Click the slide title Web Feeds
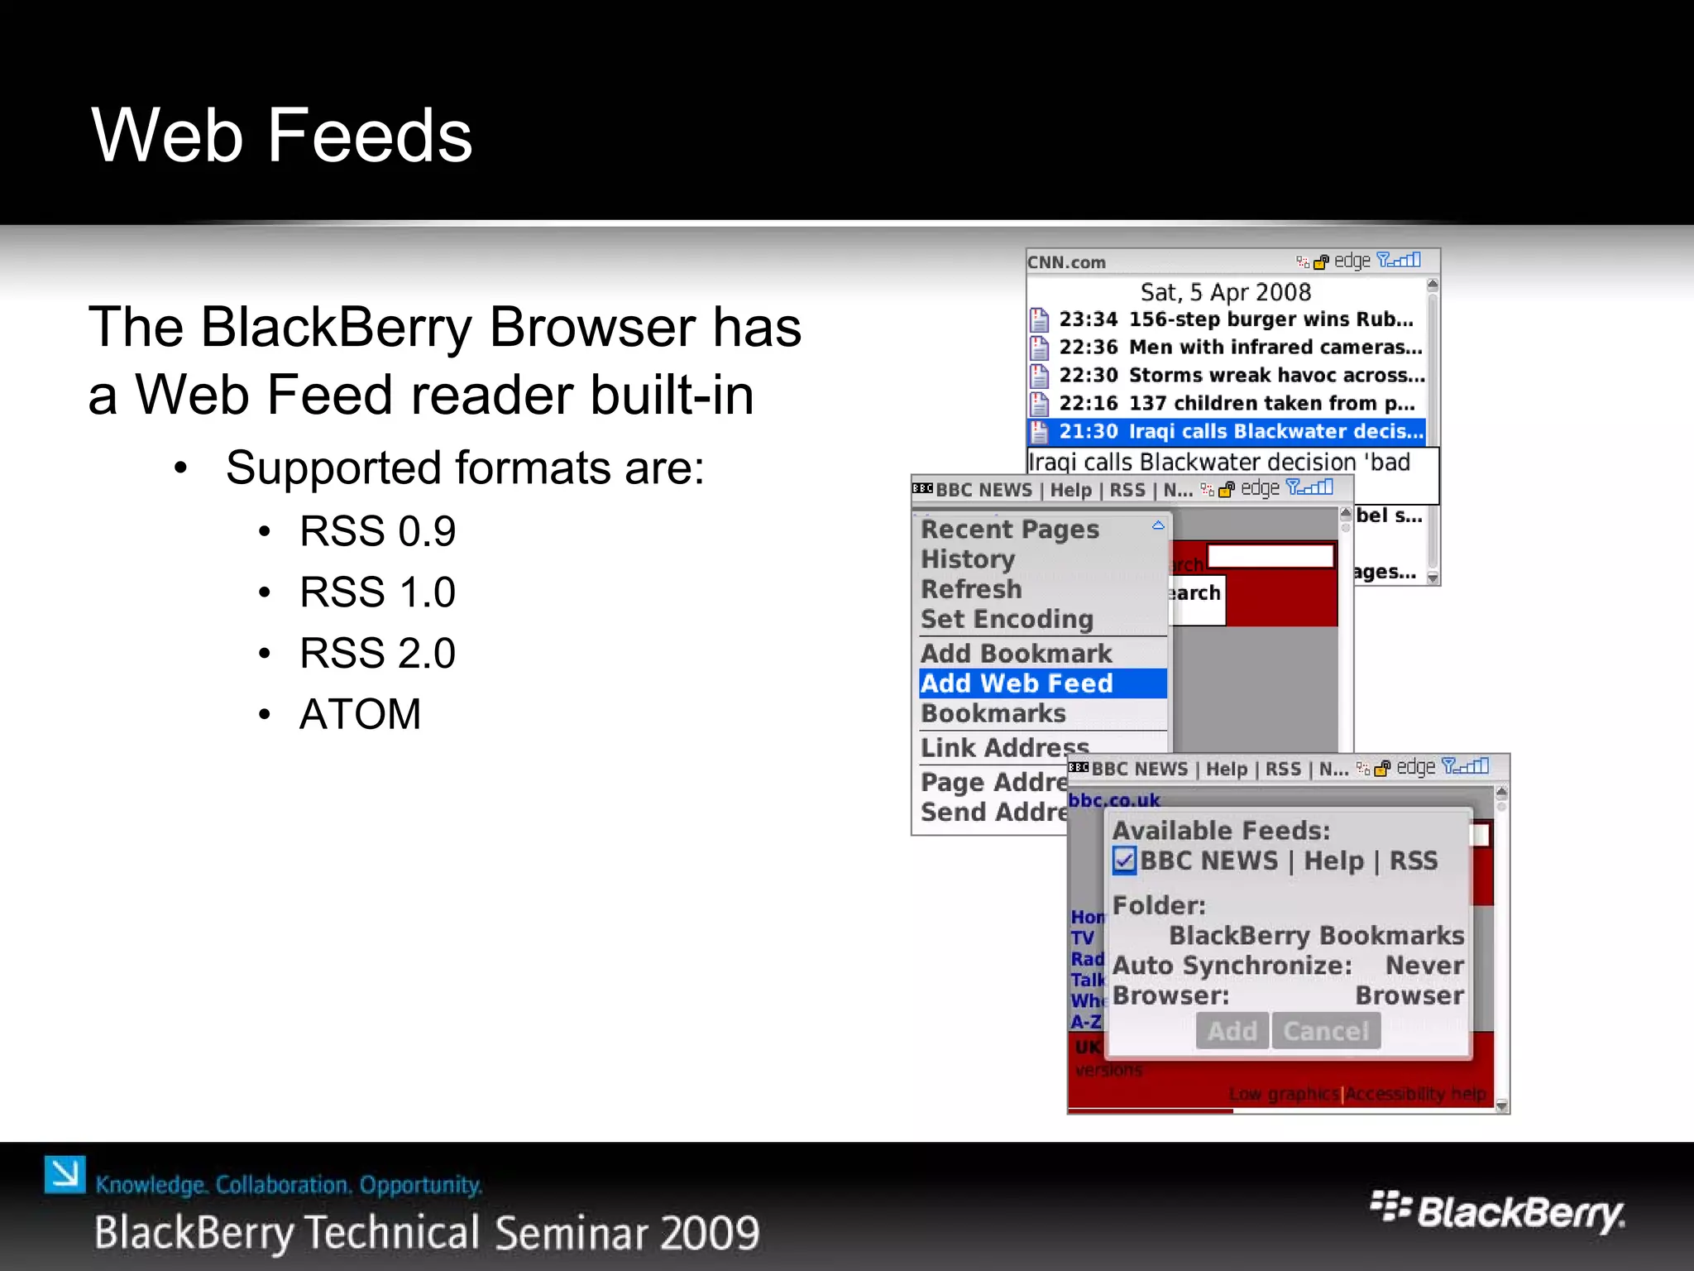click(x=281, y=136)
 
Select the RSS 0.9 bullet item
click(x=376, y=531)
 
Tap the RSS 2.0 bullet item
click(x=376, y=654)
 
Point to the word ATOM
click(x=360, y=714)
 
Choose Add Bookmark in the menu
click(x=1016, y=654)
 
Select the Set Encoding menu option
click(x=1007, y=619)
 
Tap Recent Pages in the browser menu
click(x=1009, y=530)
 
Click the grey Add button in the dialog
click(x=1232, y=1031)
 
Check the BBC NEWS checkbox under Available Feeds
click(x=1124, y=861)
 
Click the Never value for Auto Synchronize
click(x=1424, y=966)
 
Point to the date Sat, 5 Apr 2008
click(x=1225, y=292)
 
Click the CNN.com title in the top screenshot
click(x=1066, y=262)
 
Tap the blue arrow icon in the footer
click(x=65, y=1174)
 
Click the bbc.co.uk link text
click(x=1113, y=800)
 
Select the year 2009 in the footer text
click(x=710, y=1233)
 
